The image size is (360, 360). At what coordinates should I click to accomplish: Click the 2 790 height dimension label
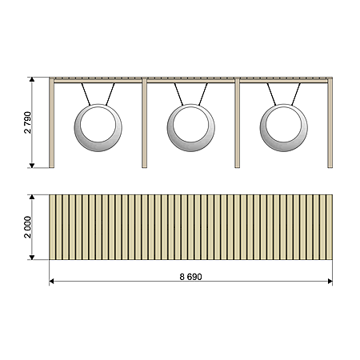pos(27,122)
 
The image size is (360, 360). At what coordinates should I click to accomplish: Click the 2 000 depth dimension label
pos(27,227)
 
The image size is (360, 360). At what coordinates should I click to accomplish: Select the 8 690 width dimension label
pos(190,277)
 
